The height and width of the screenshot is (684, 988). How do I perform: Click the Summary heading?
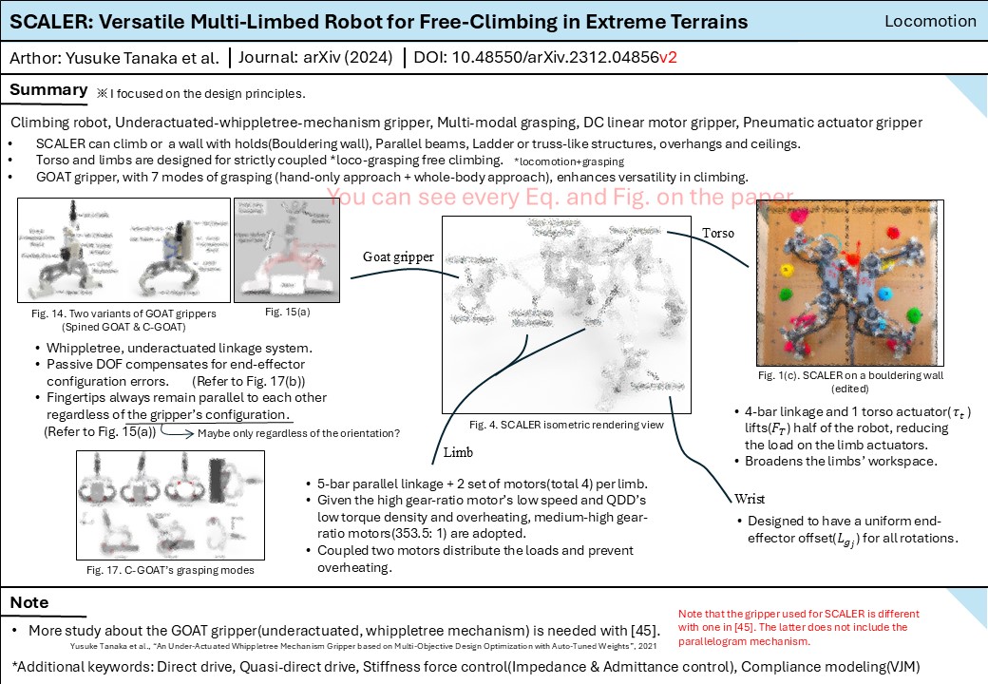(48, 90)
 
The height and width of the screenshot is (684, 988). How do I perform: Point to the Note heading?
(29, 602)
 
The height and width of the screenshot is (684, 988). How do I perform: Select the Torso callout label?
(717, 233)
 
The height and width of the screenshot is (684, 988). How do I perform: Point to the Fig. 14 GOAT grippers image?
(124, 251)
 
